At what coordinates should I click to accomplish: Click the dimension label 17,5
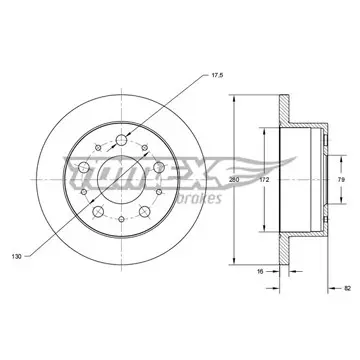(x=217, y=75)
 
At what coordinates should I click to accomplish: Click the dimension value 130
(x=17, y=256)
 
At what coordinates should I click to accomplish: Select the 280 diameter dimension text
(x=235, y=180)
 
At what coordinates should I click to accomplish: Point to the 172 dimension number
(x=264, y=180)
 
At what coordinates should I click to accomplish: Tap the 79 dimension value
(x=341, y=180)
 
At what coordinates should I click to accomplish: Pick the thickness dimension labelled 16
(x=260, y=272)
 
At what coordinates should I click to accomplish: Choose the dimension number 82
(x=347, y=288)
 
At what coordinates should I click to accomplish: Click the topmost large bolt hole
(x=121, y=140)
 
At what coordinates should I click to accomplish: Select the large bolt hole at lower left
(x=98, y=211)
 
